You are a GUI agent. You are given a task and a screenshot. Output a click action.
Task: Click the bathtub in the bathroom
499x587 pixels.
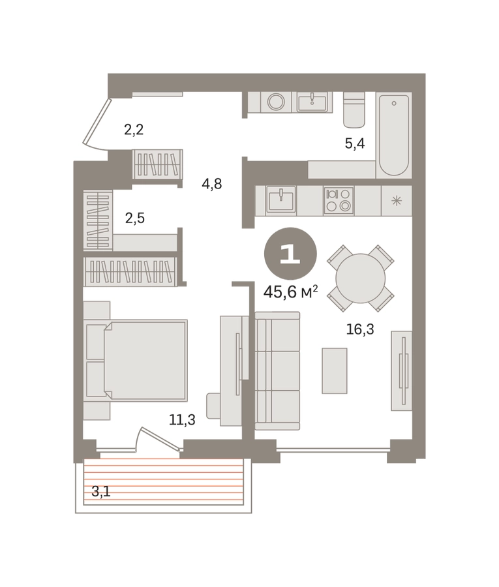click(x=393, y=135)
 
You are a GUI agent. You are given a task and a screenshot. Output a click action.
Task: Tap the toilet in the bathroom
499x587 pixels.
click(x=354, y=110)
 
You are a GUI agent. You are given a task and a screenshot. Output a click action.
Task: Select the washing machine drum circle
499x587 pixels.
click(x=277, y=102)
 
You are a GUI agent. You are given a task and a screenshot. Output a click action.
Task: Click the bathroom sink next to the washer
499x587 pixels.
click(x=312, y=102)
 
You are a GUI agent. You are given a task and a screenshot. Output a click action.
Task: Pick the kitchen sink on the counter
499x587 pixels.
click(x=280, y=201)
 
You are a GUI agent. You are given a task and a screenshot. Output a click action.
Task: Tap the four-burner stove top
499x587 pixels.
click(x=339, y=200)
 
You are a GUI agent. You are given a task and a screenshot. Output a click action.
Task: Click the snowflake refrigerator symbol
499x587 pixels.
click(x=397, y=201)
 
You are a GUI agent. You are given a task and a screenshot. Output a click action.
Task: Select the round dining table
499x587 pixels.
click(x=360, y=278)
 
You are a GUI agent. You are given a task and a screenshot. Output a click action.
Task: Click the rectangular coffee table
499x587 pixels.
click(x=334, y=370)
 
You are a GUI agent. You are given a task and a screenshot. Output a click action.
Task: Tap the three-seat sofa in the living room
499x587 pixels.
click(x=277, y=370)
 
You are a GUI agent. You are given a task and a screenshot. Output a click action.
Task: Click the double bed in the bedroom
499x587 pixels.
click(x=136, y=360)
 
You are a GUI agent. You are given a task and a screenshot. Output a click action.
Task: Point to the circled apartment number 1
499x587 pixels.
click(x=290, y=254)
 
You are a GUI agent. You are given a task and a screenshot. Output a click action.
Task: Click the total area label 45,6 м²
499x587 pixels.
click(x=291, y=292)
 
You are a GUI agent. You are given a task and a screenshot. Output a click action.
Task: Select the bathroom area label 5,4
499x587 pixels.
click(x=354, y=143)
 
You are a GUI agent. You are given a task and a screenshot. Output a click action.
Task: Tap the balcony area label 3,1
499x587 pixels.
click(x=101, y=491)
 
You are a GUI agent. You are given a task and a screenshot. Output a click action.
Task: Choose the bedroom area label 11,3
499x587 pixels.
click(x=182, y=419)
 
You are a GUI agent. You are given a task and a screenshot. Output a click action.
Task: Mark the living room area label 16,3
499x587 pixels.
click(x=360, y=329)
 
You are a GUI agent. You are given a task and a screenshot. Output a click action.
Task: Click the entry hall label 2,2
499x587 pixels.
click(x=134, y=130)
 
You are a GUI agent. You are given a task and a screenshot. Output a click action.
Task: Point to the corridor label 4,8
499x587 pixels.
click(x=212, y=184)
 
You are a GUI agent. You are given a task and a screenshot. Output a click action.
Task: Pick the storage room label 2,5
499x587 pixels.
click(x=135, y=217)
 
